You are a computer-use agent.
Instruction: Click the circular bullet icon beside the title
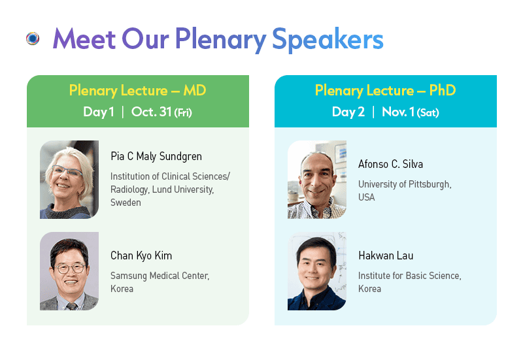click(33, 39)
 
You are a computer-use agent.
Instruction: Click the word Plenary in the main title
click(220, 40)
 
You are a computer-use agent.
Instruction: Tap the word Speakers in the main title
click(328, 40)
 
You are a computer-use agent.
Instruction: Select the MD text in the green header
click(195, 90)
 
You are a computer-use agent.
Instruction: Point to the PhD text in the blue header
click(443, 90)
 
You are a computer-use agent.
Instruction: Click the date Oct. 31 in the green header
click(152, 112)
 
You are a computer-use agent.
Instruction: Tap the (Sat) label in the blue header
click(428, 112)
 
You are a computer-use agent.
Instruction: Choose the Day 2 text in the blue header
click(348, 112)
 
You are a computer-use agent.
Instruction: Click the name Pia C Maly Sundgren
click(156, 156)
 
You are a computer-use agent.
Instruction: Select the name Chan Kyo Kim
click(141, 255)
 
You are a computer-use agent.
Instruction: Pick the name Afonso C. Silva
click(390, 164)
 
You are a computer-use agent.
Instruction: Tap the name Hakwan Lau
click(386, 255)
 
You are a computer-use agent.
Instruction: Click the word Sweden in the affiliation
click(126, 203)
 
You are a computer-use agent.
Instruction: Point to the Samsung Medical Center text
click(160, 276)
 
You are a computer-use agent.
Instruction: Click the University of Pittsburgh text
click(405, 184)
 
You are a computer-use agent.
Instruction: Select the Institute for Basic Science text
click(410, 276)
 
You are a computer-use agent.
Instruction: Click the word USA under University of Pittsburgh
click(367, 197)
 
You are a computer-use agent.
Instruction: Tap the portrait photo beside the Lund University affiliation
click(69, 179)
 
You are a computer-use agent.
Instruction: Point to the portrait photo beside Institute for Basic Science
click(317, 271)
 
